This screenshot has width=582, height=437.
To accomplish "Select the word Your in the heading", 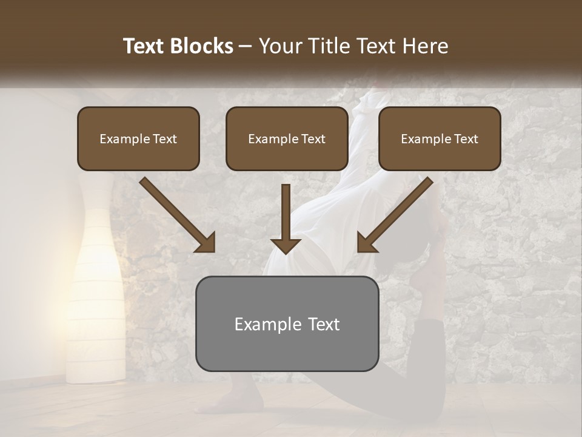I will tap(278, 46).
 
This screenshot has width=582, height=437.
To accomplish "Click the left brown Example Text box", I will tap(138, 138).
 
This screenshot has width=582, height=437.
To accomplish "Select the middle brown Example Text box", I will tap(287, 138).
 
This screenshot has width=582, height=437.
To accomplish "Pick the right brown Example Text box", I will tap(440, 138).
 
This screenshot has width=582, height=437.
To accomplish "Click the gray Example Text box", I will tap(287, 324).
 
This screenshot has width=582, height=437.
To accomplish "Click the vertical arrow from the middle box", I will tap(286, 218).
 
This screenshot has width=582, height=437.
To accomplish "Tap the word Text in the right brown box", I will tap(466, 139).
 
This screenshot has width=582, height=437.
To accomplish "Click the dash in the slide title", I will tap(246, 46).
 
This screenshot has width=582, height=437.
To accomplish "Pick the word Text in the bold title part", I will tap(145, 46).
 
